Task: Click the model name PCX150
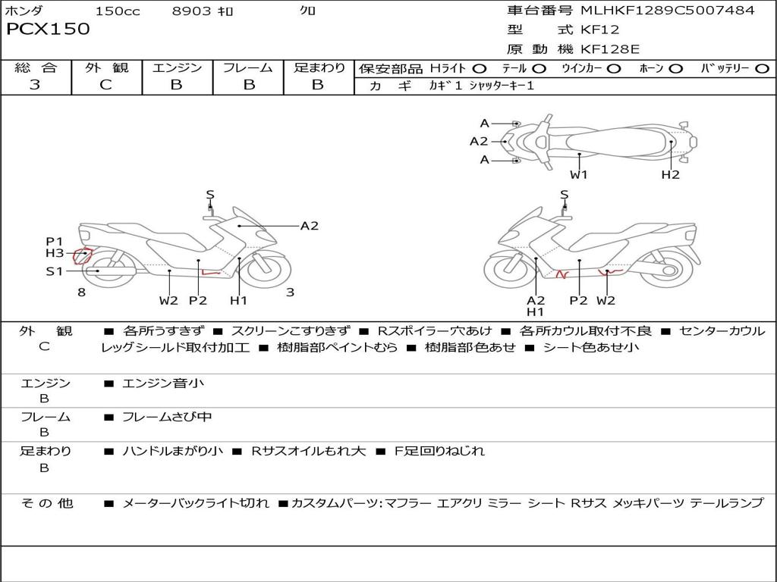click(48, 30)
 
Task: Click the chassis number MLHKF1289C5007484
click(667, 11)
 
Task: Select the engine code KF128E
click(610, 49)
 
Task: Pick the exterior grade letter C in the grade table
click(105, 85)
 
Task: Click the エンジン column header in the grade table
click(177, 68)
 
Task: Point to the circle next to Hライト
click(480, 68)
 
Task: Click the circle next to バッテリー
click(762, 68)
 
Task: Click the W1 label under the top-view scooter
click(579, 175)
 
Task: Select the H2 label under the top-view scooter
click(670, 175)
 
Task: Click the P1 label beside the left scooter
click(54, 242)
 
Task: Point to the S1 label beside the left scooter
click(54, 271)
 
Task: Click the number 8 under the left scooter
click(81, 293)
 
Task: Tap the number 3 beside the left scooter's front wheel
click(290, 293)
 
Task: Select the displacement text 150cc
click(118, 11)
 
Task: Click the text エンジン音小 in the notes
click(163, 383)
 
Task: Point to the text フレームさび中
click(167, 417)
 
